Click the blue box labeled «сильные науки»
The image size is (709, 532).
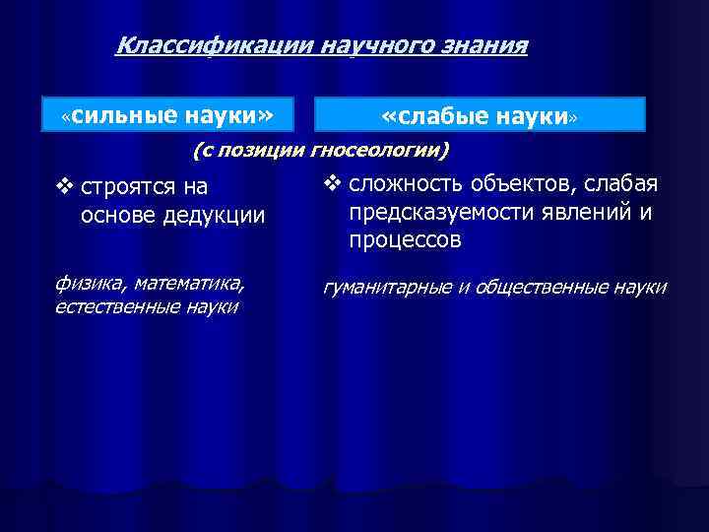[x=166, y=114]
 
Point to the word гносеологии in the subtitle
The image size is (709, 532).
[x=378, y=151]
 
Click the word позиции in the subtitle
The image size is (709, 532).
[x=267, y=151]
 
